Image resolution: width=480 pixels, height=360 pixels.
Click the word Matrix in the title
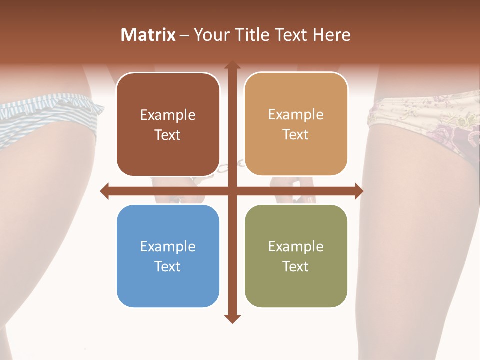click(x=148, y=35)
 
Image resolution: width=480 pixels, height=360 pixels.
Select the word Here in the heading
click(x=331, y=35)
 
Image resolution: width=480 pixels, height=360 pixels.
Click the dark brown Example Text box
click(x=168, y=124)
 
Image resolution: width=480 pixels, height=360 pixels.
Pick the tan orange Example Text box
click(x=296, y=124)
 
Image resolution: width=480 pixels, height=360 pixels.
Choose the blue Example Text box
click(x=168, y=256)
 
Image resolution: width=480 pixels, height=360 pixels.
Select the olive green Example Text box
click(x=296, y=256)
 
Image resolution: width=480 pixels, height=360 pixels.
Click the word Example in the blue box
click(x=168, y=246)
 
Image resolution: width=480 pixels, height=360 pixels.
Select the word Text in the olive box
click(x=296, y=266)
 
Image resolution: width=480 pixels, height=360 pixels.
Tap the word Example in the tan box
click(x=296, y=114)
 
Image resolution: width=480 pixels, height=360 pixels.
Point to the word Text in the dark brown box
click(x=168, y=135)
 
